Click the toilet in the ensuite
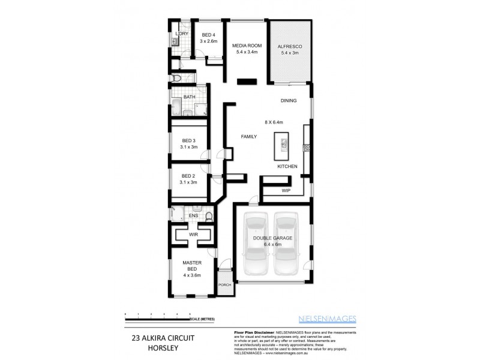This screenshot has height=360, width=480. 209,216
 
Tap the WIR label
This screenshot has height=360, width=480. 193,234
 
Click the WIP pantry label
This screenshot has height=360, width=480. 286,191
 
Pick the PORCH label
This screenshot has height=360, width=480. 224,285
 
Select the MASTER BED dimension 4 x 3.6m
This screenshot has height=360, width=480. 192,275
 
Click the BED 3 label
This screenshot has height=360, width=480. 188,141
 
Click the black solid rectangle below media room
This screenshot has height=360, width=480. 246,82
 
